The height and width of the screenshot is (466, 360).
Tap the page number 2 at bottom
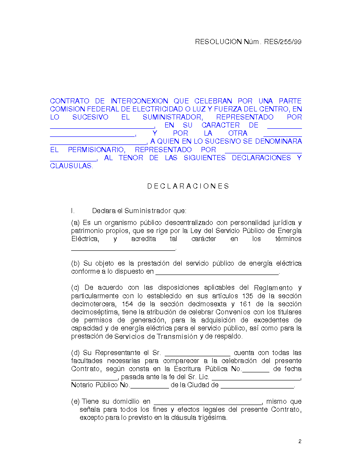(299, 441)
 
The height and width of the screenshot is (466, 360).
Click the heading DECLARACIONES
(188, 186)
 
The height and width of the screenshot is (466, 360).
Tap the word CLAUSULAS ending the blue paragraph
(71, 166)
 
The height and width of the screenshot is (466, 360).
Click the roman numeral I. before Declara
(73, 211)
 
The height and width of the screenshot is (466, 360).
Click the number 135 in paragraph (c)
(248, 296)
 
